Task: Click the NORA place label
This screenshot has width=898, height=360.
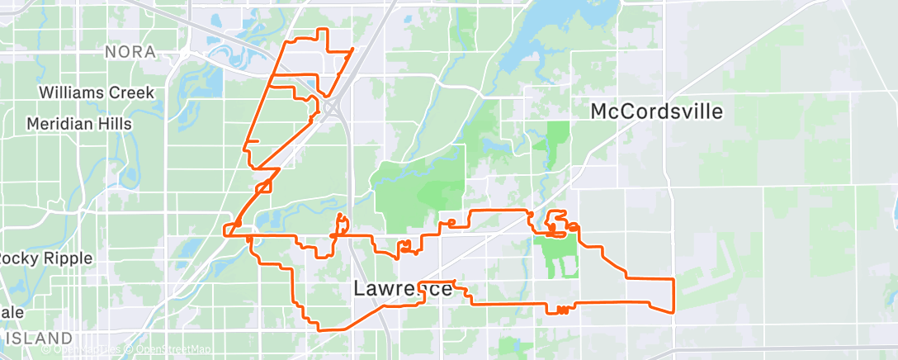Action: (x=130, y=52)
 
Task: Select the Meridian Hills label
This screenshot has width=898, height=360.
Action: (x=78, y=124)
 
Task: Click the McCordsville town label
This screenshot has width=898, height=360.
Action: (x=656, y=111)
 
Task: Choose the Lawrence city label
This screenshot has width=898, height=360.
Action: (x=403, y=289)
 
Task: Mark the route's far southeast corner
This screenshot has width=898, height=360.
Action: (x=674, y=311)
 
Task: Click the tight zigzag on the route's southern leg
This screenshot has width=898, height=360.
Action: (x=562, y=310)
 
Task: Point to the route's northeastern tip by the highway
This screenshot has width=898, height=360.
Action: (x=353, y=50)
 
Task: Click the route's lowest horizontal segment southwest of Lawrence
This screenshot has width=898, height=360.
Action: (x=330, y=329)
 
